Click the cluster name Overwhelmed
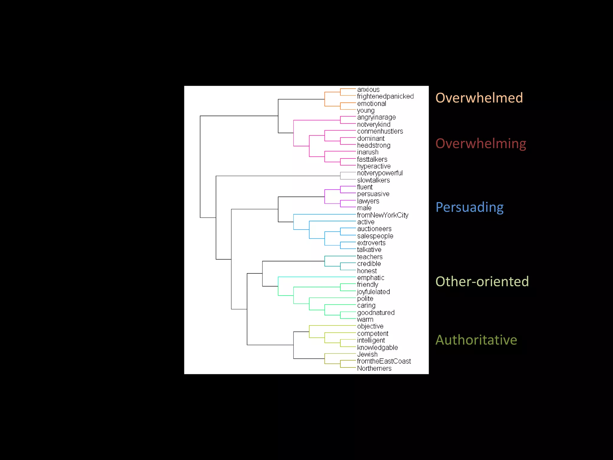(479, 98)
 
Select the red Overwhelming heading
(481, 144)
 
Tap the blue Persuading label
(469, 207)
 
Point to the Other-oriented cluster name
(482, 282)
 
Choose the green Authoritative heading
(476, 340)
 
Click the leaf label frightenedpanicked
(385, 96)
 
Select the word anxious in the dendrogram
(368, 90)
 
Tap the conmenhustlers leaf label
(380, 131)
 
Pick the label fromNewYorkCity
(383, 215)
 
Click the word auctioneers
(374, 229)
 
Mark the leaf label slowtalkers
(373, 180)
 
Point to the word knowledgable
(377, 347)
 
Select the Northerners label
(374, 368)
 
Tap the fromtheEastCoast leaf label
(384, 361)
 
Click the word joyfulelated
(373, 292)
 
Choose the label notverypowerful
(380, 173)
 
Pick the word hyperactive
(374, 166)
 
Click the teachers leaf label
(370, 257)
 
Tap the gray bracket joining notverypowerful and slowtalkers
(340, 176)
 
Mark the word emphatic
(371, 278)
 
